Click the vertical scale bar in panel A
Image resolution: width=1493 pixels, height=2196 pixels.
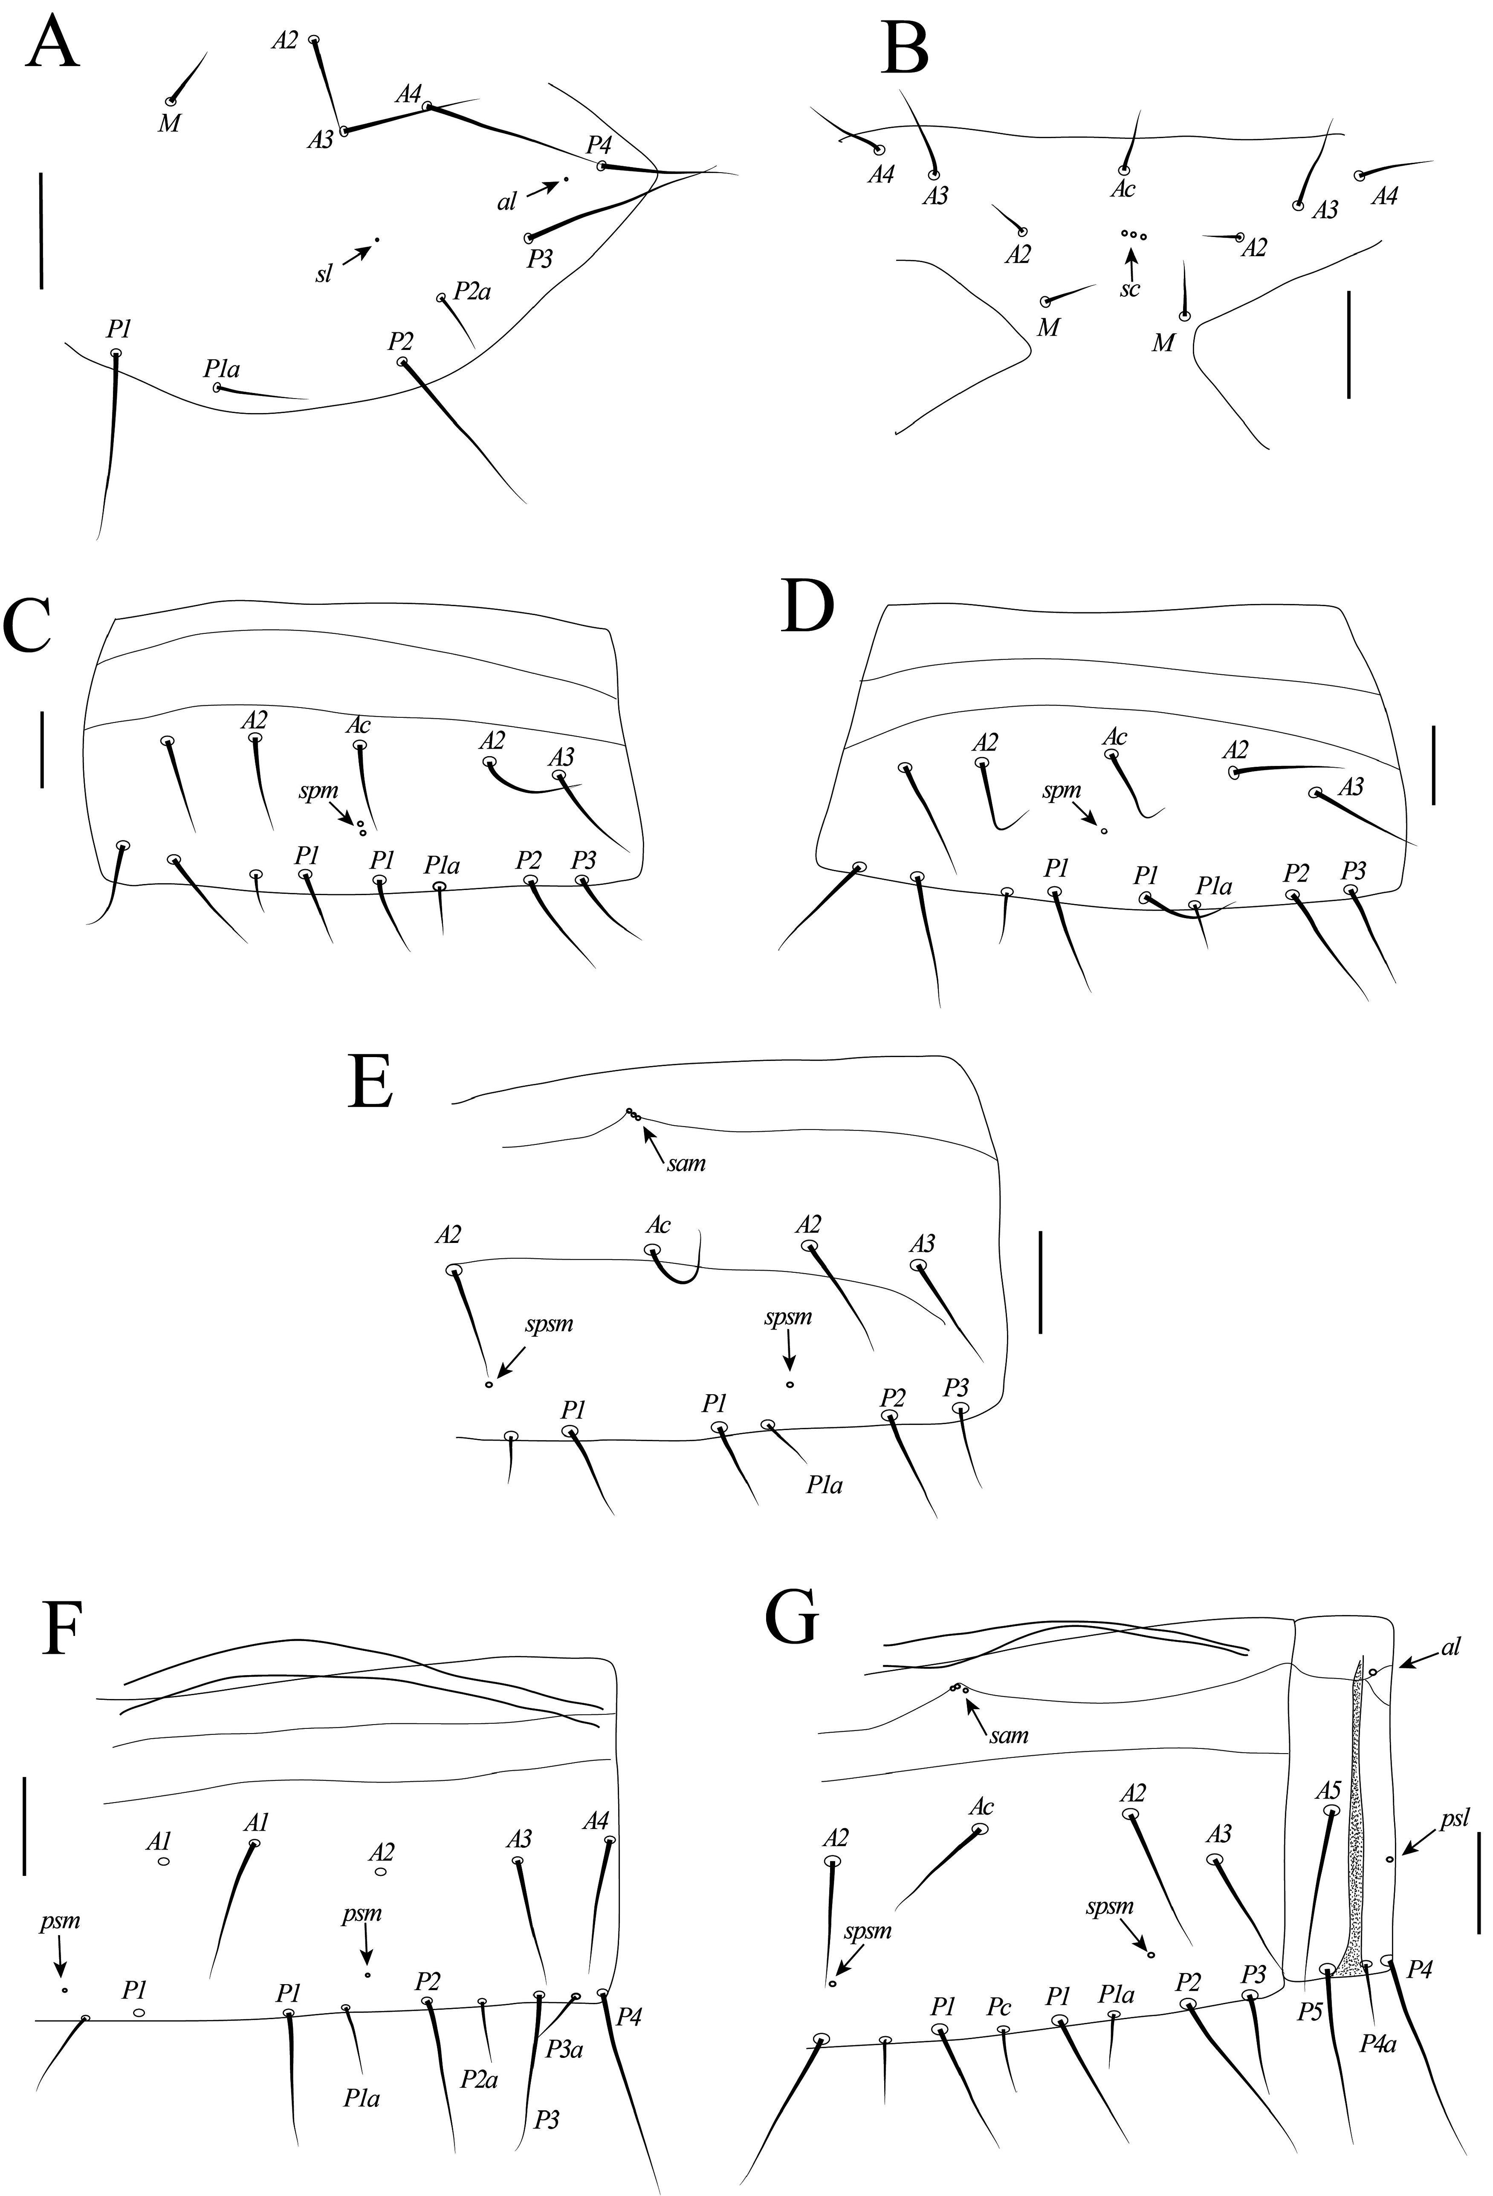click(x=42, y=230)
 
